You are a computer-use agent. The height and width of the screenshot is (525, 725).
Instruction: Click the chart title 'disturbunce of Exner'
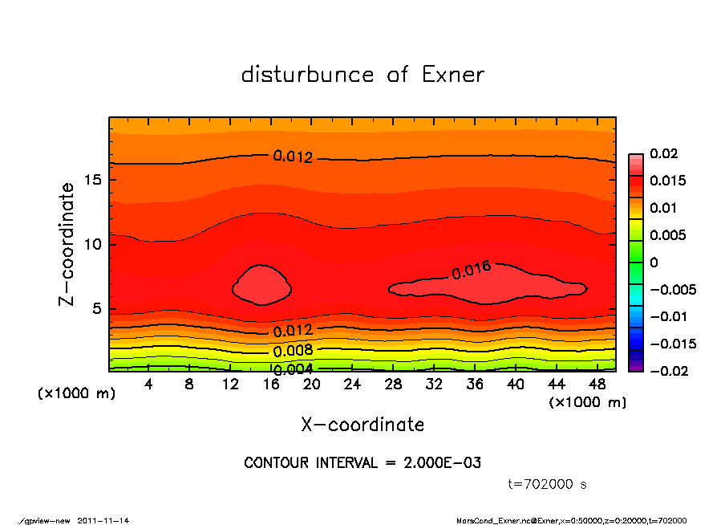pos(362,75)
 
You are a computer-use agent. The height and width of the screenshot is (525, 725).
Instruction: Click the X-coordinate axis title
pos(362,425)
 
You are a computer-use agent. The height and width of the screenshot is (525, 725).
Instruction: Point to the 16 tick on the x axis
pos(271,385)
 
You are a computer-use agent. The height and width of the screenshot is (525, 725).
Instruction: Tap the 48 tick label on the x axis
pos(598,385)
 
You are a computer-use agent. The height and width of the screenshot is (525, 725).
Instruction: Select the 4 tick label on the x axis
pos(148,385)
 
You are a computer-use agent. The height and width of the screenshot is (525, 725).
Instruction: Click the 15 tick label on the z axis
pos(93,180)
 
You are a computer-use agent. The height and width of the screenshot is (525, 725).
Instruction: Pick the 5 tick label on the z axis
pos(97,309)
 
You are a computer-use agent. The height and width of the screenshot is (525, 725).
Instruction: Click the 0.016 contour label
pos(471,271)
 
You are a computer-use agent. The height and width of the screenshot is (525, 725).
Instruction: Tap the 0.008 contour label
pos(293,351)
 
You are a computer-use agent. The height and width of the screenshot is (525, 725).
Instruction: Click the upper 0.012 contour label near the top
pos(293,157)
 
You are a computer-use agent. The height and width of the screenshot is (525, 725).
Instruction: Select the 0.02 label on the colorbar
pos(663,153)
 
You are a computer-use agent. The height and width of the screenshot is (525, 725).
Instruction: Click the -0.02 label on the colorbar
pos(666,371)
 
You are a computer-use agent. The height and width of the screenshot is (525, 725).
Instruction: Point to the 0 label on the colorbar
pos(654,262)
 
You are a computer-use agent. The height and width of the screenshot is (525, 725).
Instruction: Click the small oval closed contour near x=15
pos(261,285)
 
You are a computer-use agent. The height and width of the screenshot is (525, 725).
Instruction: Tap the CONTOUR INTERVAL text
pos(362,463)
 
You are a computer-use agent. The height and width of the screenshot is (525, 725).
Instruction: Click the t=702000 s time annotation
pos(548,484)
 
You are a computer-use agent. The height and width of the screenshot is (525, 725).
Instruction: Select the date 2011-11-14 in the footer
pos(103,520)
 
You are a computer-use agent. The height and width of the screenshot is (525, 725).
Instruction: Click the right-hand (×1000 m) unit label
pos(586,402)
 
